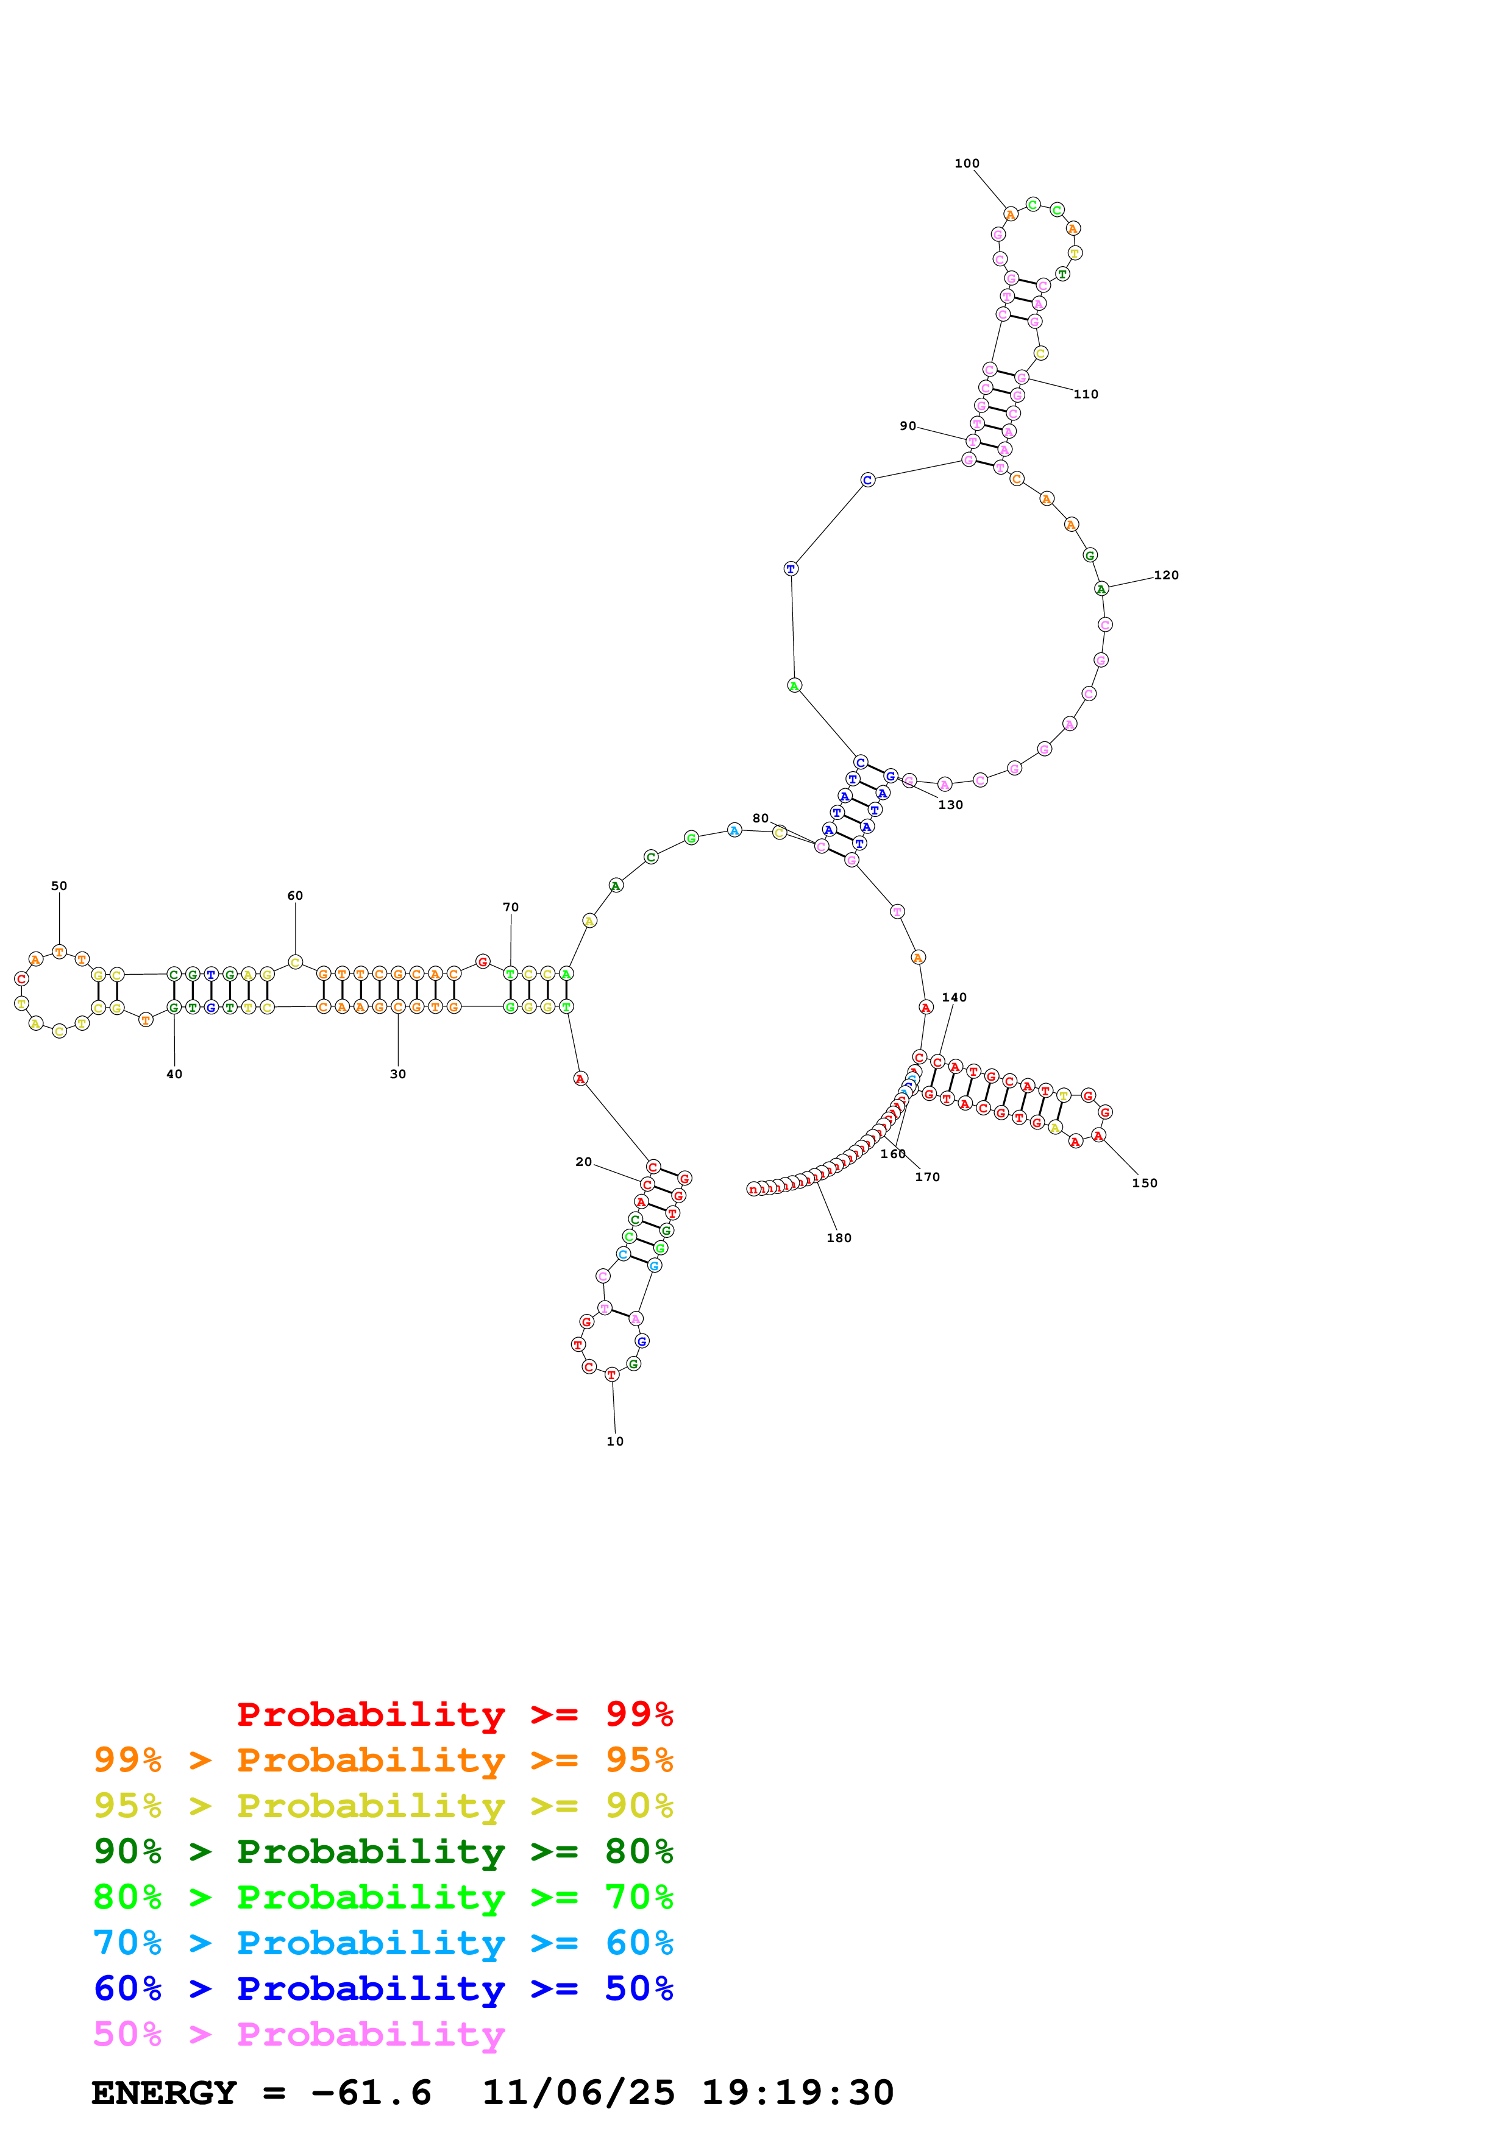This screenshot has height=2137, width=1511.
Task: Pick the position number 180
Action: [839, 1238]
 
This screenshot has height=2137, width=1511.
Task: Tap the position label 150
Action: [1144, 1183]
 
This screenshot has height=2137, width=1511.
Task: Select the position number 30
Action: [397, 1074]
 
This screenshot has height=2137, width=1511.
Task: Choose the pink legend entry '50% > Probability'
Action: [299, 2035]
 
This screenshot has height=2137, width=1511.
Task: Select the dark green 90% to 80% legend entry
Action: [383, 1851]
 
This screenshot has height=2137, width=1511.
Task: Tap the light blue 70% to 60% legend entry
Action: [383, 1943]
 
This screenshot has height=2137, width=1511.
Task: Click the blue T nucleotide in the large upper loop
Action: [791, 569]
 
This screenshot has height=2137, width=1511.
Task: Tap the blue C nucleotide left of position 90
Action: [867, 480]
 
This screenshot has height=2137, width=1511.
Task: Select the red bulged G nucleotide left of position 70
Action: [482, 961]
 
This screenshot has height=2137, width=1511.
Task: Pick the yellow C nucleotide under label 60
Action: [295, 963]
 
